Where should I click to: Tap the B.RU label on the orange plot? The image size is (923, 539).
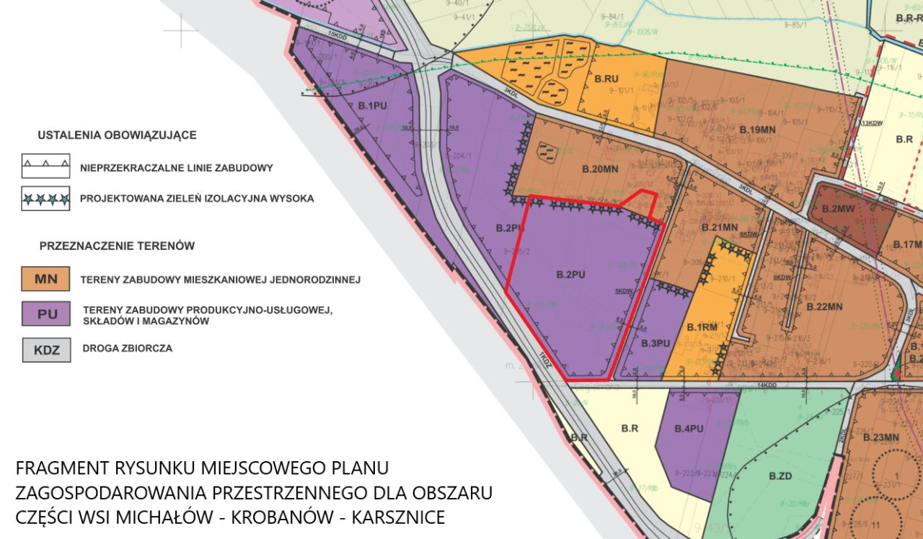606,78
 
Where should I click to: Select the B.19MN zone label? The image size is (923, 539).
757,129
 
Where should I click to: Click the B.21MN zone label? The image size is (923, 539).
720,228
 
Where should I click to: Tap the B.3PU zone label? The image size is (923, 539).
655,342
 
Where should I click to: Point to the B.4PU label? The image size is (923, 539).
689,429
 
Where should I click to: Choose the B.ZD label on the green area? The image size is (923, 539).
781,476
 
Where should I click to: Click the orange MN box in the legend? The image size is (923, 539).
46,278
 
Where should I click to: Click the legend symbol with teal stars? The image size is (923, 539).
46,198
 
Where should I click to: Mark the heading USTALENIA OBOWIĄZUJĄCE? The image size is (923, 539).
117,135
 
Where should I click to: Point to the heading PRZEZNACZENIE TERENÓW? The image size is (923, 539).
117,246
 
